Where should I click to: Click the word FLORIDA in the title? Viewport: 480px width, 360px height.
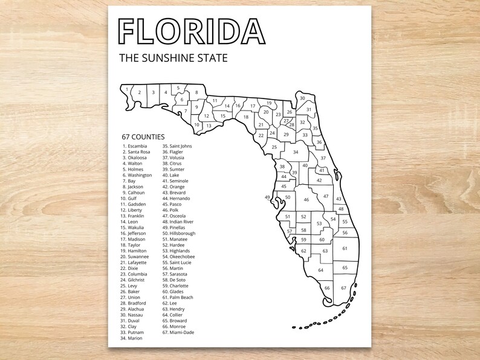pos(192,31)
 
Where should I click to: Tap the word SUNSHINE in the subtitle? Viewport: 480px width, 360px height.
pos(174,59)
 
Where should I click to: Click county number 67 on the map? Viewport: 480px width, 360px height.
pos(343,288)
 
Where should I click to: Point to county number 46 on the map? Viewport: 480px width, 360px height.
pos(306,200)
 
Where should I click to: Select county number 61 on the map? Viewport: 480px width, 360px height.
pos(345,248)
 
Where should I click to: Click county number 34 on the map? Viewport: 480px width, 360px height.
pos(296,152)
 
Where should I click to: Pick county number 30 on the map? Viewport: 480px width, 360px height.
pos(302,98)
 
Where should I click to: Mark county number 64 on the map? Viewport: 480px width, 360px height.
pos(320,270)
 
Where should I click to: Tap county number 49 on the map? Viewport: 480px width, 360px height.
pos(268,198)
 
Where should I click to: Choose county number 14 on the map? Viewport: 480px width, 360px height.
pos(227,106)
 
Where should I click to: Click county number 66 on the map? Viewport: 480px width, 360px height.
pos(327,288)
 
